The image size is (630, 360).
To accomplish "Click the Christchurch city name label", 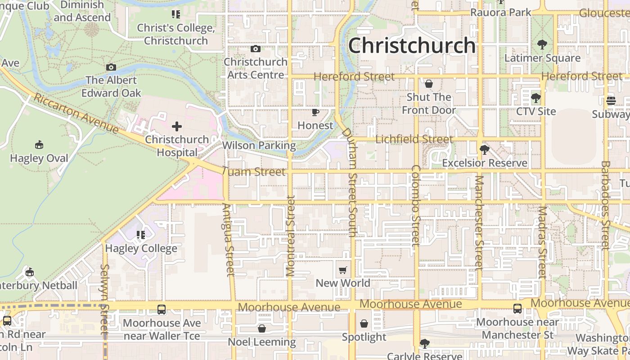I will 412,45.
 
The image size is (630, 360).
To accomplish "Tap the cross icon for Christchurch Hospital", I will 177,126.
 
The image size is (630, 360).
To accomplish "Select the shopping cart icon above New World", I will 343,270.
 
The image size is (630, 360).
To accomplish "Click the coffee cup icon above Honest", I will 315,112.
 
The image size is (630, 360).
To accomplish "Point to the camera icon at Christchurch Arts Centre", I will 256,49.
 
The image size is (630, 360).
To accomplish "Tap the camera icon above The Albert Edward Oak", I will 111,67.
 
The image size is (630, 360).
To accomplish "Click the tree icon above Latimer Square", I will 542,45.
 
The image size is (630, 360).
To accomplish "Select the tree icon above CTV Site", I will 535,98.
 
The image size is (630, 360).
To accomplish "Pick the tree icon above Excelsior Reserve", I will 485,149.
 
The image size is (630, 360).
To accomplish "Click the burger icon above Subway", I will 611,101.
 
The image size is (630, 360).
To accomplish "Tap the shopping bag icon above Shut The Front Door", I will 429,84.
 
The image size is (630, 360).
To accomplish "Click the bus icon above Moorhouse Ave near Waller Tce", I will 162,310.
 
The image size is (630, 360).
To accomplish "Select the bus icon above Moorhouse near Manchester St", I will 517,309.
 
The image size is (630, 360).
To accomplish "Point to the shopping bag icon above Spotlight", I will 364,324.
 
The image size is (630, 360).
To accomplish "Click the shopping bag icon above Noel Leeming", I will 262,328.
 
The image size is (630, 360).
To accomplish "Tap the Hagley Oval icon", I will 39,145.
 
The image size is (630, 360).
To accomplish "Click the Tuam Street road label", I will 254,172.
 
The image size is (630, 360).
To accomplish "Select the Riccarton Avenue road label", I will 76,113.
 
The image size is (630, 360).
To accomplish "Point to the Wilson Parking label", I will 259,145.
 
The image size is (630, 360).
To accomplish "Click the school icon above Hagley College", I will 141,235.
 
